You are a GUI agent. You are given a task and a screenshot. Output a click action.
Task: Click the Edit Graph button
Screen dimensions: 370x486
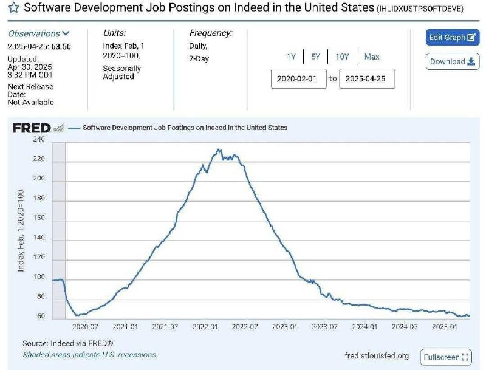coord(453,38)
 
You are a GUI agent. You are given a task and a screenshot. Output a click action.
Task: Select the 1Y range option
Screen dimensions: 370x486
coord(291,57)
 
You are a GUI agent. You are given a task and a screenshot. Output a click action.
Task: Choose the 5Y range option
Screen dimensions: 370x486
coord(315,57)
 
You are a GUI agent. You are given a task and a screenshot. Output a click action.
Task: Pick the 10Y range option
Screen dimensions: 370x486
coord(342,57)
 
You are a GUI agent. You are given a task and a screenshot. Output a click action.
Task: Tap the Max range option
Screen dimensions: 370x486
coord(372,57)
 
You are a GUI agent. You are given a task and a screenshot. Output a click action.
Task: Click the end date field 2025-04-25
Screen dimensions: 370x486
coord(366,78)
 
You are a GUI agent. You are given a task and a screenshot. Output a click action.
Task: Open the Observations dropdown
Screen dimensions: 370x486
coord(39,33)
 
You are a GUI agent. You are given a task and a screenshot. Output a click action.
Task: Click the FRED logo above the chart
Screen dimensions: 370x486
coord(32,128)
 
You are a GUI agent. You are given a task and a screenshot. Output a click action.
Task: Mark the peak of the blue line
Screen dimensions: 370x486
coord(219,149)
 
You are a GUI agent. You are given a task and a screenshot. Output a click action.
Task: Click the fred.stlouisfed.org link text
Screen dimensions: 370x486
coord(377,356)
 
